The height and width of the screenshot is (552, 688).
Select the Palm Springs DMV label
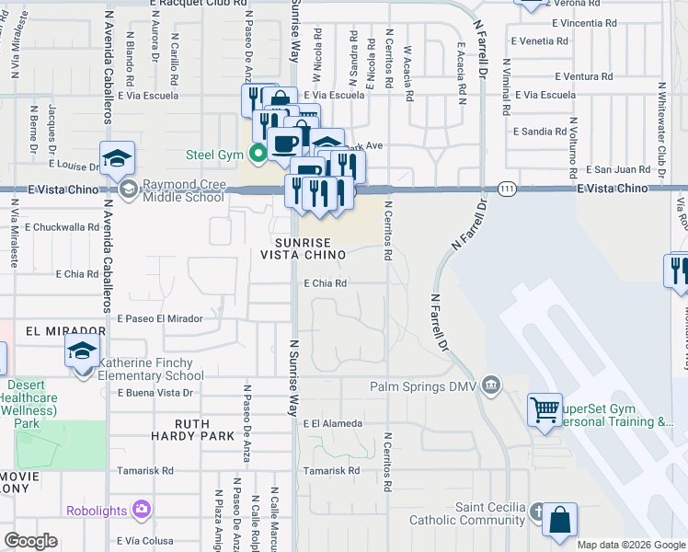[x=426, y=386]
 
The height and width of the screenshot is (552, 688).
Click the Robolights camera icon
[x=141, y=508]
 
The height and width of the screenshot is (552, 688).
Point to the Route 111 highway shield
[x=506, y=189]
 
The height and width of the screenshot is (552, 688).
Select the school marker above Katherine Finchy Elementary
[x=82, y=351]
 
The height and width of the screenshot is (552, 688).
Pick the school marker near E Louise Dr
[x=118, y=158]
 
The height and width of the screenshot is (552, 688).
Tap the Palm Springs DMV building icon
[x=490, y=384]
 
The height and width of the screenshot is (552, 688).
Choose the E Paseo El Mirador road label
[x=159, y=318]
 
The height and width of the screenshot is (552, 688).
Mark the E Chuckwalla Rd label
[x=62, y=225]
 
